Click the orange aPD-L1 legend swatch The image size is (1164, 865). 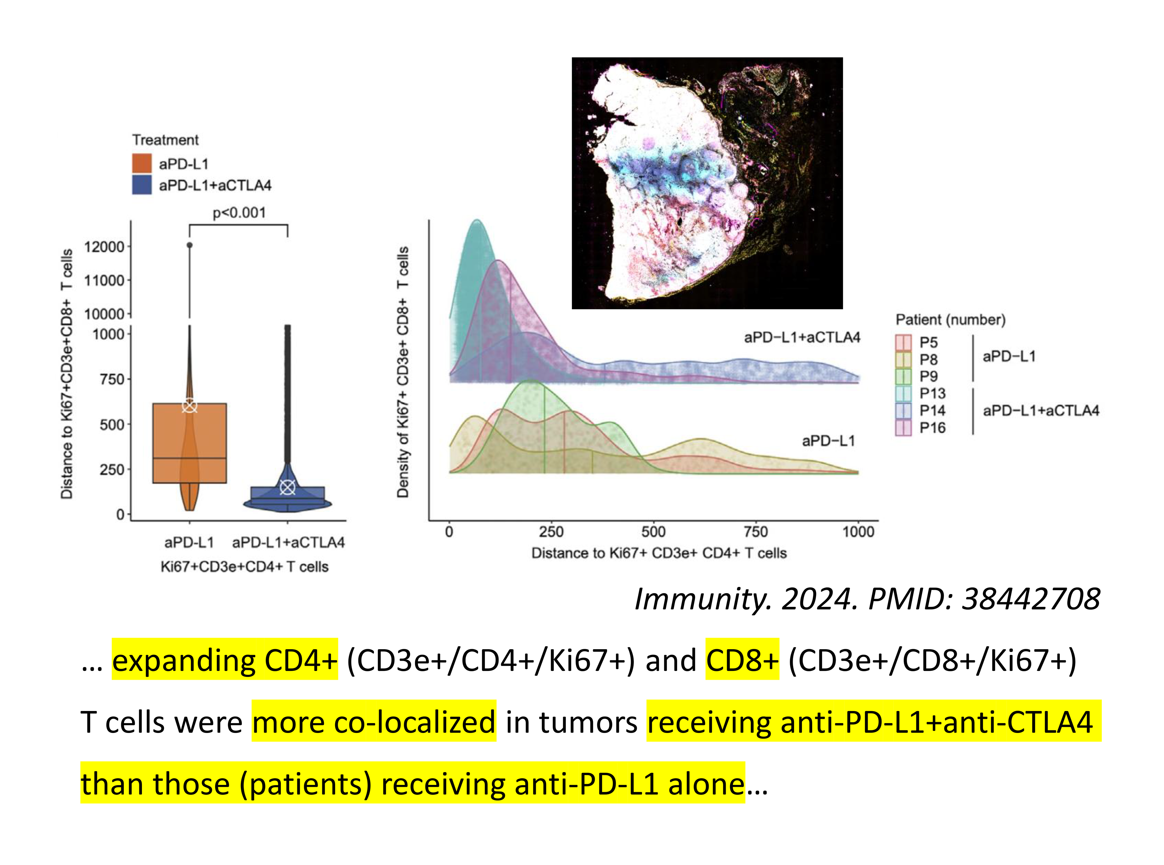[x=142, y=163]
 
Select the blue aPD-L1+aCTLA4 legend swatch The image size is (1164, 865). [x=142, y=185]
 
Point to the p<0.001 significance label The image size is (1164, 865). [x=239, y=212]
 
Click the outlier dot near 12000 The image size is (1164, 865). [x=190, y=245]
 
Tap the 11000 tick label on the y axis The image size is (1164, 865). [x=104, y=281]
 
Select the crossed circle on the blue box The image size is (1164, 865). [x=287, y=487]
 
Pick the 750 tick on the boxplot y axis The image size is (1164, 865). [x=112, y=379]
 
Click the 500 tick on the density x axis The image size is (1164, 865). [x=653, y=532]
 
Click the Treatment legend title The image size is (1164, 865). [x=165, y=140]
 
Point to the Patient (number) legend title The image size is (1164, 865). [x=950, y=320]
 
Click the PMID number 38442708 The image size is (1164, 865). [x=1031, y=598]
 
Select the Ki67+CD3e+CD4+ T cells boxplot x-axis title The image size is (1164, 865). [x=244, y=566]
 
